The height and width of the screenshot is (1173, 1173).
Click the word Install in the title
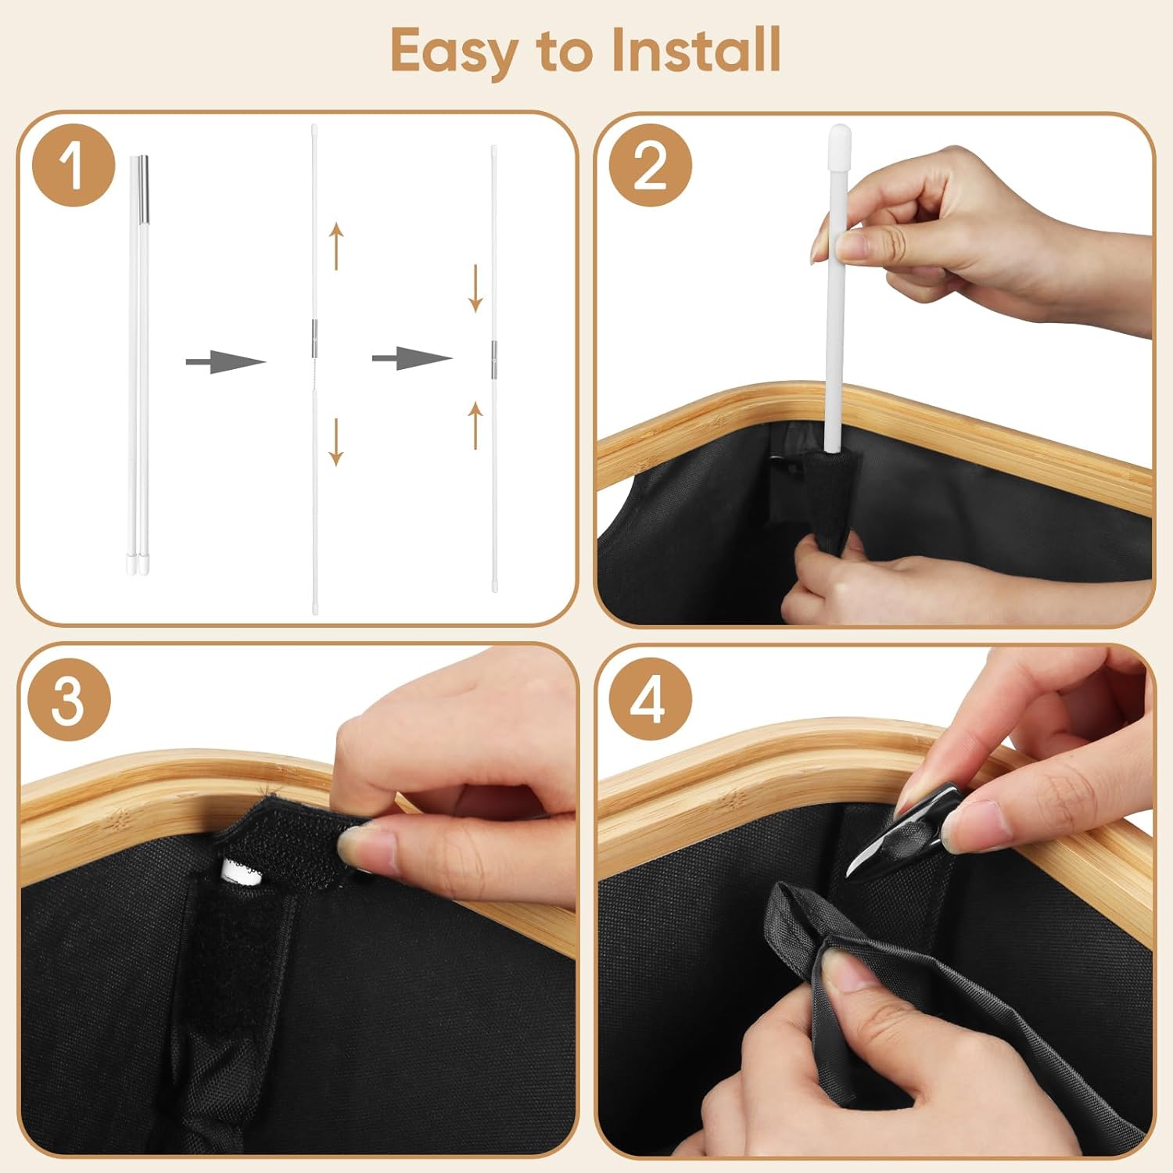tap(696, 49)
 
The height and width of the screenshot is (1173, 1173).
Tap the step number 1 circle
tap(74, 166)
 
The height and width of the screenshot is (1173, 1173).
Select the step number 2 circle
tap(651, 166)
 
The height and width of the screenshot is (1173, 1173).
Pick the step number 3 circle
tap(69, 699)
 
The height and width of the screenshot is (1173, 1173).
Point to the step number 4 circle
tap(649, 699)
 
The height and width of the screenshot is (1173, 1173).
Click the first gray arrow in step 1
tap(226, 361)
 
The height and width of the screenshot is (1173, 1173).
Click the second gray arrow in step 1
tap(412, 359)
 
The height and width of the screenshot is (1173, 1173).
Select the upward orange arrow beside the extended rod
tap(336, 246)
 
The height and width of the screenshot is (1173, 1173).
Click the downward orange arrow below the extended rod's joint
tap(336, 442)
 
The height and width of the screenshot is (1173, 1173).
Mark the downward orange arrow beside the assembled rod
tap(475, 289)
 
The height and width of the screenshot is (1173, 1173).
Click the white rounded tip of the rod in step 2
tap(839, 138)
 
